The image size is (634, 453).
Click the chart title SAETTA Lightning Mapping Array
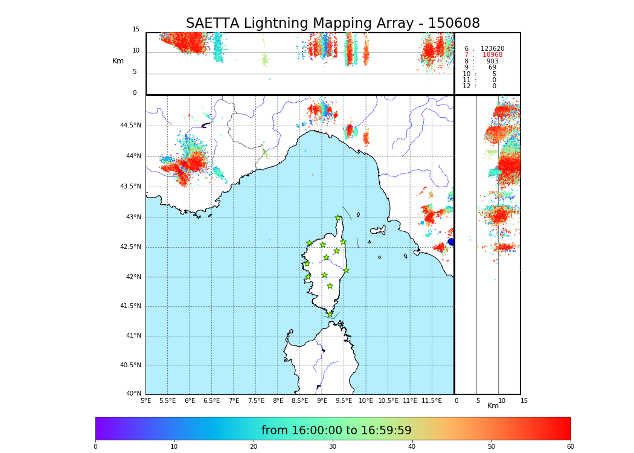point(333,24)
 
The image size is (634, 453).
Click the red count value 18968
point(492,55)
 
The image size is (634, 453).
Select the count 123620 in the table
point(492,49)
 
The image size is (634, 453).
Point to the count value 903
point(492,62)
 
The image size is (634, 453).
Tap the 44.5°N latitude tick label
point(130,126)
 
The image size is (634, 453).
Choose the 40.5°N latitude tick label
point(130,365)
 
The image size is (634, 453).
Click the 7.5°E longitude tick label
point(256,401)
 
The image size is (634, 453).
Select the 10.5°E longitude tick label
point(388,401)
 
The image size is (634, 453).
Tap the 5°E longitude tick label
point(146,401)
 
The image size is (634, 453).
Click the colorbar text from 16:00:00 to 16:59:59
point(336,431)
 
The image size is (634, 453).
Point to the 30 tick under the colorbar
point(333,447)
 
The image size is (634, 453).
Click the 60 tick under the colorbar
point(570,447)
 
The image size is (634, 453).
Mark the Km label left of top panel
point(118,61)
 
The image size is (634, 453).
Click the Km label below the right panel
point(493,406)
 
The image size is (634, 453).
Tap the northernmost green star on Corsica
point(338,218)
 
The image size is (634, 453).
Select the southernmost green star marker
point(330,315)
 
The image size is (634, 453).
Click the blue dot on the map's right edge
point(451,242)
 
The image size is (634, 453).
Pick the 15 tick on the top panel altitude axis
point(136,30)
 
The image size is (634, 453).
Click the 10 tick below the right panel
point(502,401)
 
